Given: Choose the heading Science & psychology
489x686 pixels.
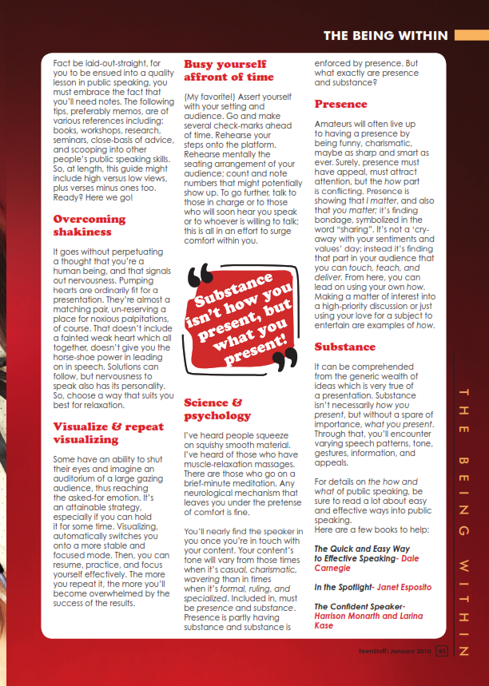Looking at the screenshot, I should [x=217, y=409].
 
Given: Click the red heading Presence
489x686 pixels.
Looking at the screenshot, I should [x=340, y=104].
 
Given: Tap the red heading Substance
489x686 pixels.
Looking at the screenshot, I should [x=344, y=347].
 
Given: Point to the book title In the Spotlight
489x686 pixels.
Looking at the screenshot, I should [x=344, y=586].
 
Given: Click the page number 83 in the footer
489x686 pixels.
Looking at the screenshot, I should [x=441, y=650].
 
